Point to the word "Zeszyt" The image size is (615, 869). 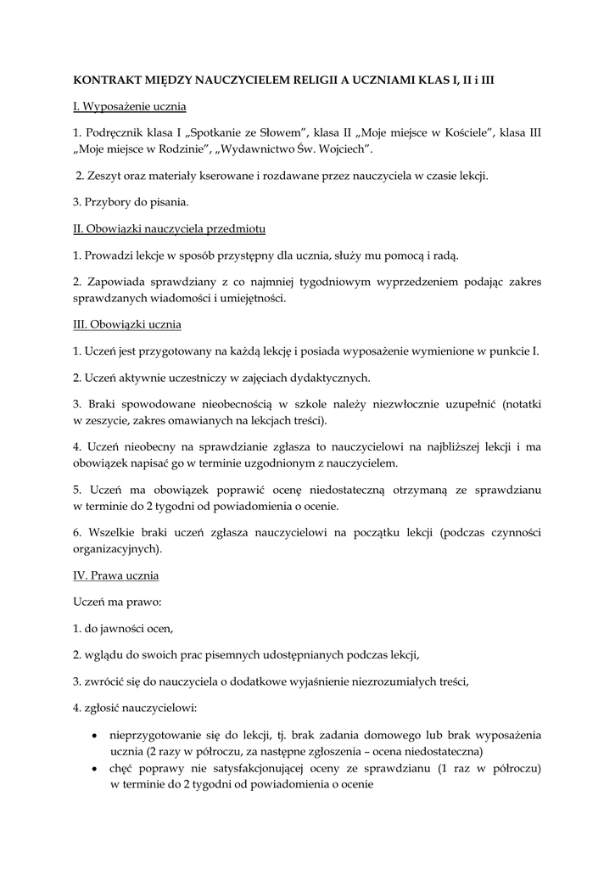tap(105, 176)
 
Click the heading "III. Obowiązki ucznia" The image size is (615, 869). tap(127, 324)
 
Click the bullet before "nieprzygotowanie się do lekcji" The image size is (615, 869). tap(92, 735)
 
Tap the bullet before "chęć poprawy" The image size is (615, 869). tap(92, 769)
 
